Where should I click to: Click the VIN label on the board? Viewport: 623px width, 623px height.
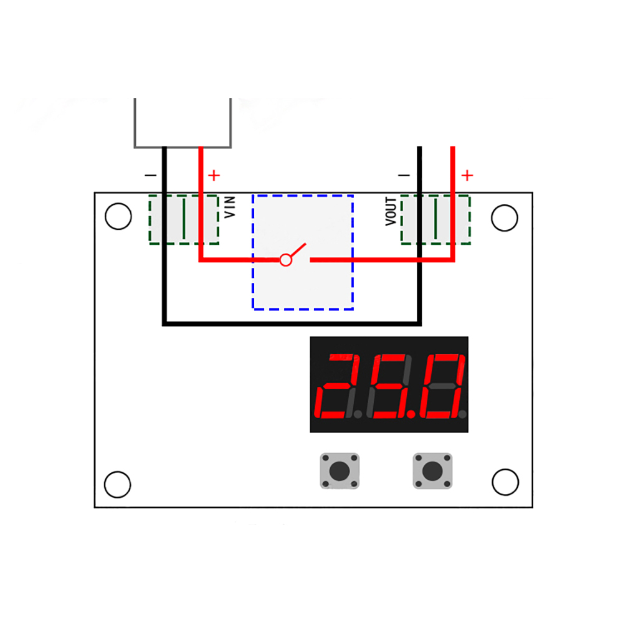coord(230,207)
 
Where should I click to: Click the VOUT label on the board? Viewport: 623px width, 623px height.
coord(391,212)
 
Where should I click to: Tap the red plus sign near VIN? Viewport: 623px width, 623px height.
coord(214,175)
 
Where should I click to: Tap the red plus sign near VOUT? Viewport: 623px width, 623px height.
coord(467,175)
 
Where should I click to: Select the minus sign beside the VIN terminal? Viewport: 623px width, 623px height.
coord(151,175)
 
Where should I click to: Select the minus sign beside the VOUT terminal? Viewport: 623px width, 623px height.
coord(404,175)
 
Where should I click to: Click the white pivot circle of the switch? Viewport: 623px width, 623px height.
coord(286,260)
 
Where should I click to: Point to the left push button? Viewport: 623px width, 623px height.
coord(340,471)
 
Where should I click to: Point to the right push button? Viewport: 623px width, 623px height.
coord(433,471)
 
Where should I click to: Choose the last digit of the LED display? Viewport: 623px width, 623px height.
coord(442,386)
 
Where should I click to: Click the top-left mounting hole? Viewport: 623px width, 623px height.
coord(118,217)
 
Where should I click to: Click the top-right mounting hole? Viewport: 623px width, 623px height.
coord(505,217)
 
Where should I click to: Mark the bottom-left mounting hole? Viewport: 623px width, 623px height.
coord(118,484)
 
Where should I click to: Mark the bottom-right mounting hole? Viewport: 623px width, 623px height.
coord(505,482)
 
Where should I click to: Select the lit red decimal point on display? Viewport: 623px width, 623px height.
coord(411,414)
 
